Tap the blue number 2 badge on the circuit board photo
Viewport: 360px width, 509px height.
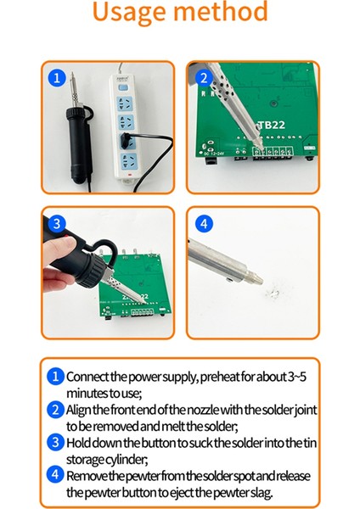[202, 78]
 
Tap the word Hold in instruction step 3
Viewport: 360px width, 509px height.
[81, 441]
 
